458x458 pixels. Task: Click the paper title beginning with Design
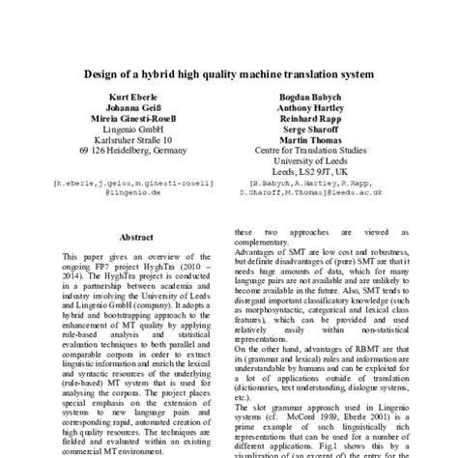tap(229, 73)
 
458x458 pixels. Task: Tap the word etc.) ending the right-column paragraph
tap(245, 422)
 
